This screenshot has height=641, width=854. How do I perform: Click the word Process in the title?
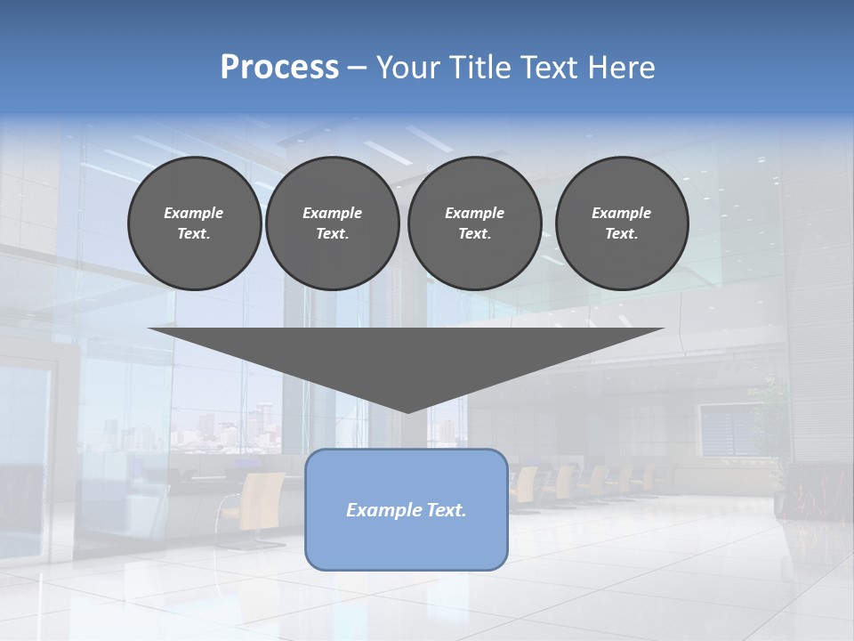point(279,68)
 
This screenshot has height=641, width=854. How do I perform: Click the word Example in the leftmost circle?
point(194,213)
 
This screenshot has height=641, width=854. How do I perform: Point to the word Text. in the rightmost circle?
point(622,234)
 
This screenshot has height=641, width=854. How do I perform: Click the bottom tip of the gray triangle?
point(407,411)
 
